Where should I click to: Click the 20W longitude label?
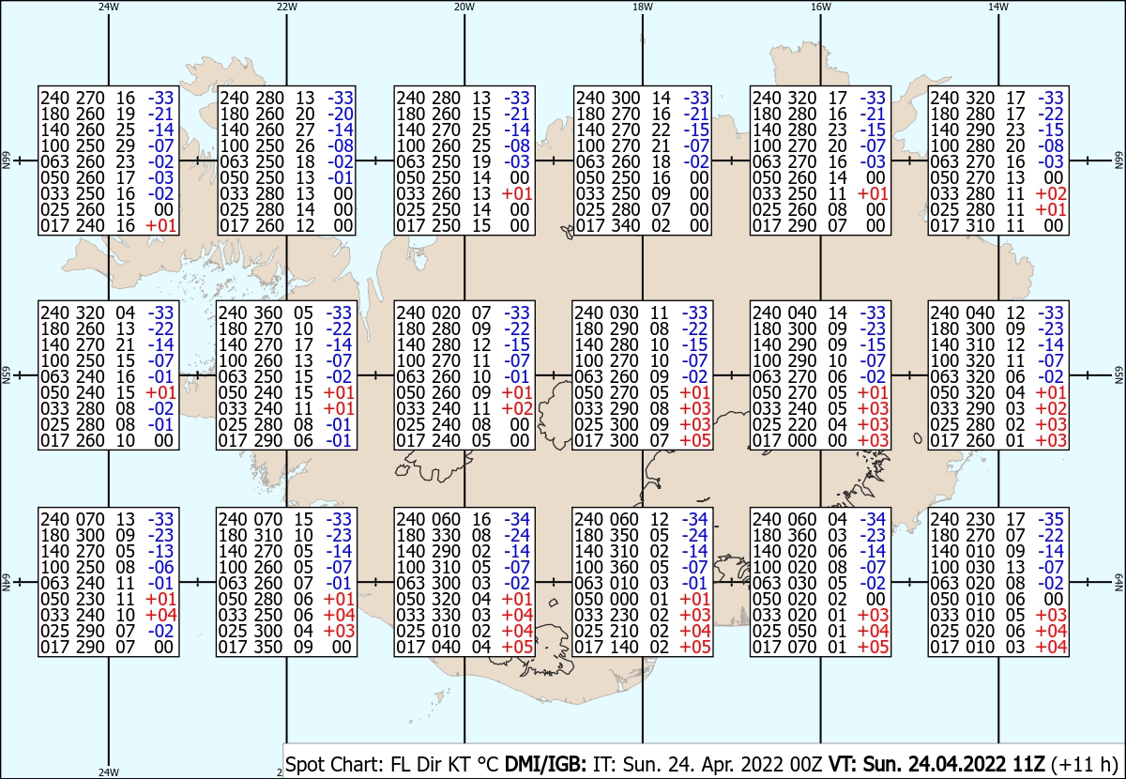click(x=464, y=7)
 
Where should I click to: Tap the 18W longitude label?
click(x=643, y=7)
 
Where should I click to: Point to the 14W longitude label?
click(x=998, y=7)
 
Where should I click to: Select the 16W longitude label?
click(x=820, y=7)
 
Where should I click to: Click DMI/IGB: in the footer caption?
click(x=545, y=764)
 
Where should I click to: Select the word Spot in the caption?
click(x=304, y=764)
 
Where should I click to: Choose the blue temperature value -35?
click(x=1051, y=519)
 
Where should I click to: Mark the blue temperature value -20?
click(x=341, y=114)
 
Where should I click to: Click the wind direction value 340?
click(x=624, y=226)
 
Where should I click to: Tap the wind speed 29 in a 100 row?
click(x=125, y=145)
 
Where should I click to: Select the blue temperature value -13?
click(x=160, y=551)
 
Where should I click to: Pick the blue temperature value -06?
click(x=160, y=567)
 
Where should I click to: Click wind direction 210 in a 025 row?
click(x=624, y=631)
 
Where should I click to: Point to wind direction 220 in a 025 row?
click(x=801, y=424)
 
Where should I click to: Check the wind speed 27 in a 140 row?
click(x=305, y=130)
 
